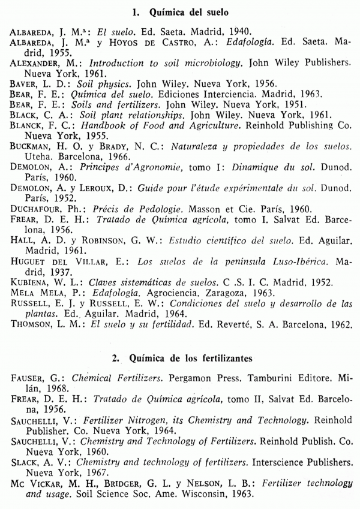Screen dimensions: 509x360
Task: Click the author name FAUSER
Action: coord(28,380)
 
